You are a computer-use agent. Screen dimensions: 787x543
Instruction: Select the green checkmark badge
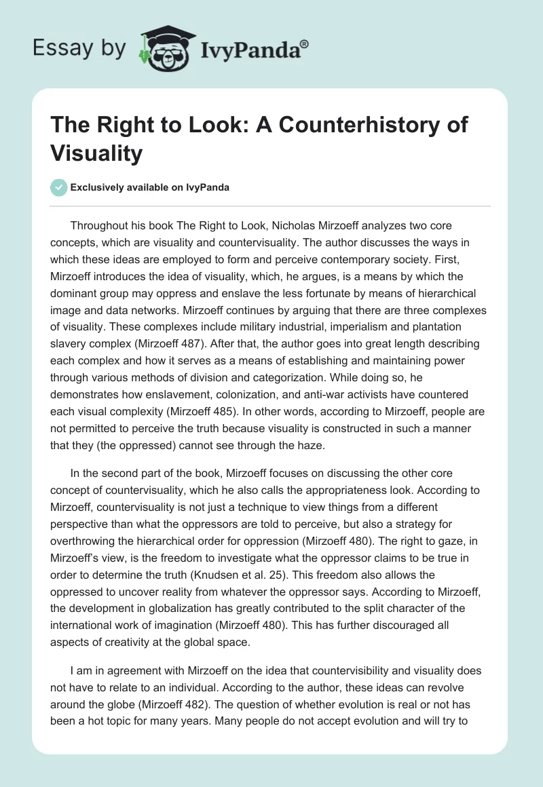(59, 187)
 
